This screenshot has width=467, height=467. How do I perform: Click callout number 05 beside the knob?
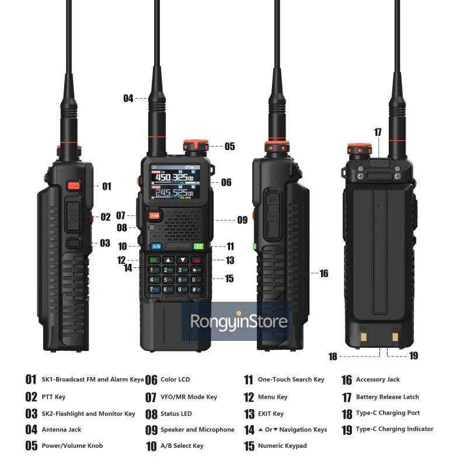[229, 147]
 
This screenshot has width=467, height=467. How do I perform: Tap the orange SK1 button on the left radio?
[73, 186]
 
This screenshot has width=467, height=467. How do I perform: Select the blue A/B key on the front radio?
[156, 246]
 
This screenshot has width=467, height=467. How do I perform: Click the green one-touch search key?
[198, 246]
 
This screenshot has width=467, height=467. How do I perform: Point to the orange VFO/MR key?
[154, 217]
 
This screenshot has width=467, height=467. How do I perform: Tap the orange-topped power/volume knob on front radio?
[191, 146]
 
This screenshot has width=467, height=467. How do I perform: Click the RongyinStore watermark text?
[238, 321]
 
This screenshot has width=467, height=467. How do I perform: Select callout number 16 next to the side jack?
[323, 273]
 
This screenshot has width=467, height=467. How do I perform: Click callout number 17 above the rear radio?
[378, 133]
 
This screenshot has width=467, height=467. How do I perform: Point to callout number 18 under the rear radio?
[333, 356]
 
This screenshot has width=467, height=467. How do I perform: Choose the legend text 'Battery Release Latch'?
[387, 397]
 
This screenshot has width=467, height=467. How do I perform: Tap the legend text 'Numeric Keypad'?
[282, 446]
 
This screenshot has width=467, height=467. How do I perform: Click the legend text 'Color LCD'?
[175, 379]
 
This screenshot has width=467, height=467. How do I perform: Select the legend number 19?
[347, 430]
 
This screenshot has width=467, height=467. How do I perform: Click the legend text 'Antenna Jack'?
[61, 430]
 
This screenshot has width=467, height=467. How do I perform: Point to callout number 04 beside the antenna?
[128, 98]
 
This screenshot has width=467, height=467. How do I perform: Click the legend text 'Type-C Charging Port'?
[388, 413]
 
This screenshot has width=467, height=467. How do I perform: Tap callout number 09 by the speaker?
[242, 220]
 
